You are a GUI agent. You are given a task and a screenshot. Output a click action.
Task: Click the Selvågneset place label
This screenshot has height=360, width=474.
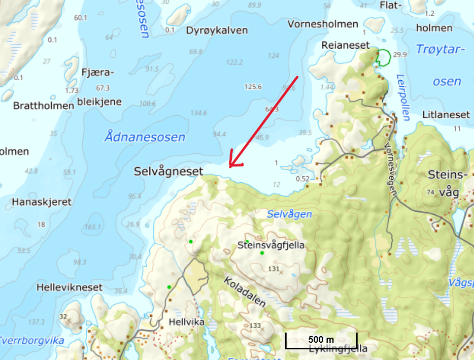[x=168, y=172]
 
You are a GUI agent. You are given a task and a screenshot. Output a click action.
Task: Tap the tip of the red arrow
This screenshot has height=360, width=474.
[x=229, y=167]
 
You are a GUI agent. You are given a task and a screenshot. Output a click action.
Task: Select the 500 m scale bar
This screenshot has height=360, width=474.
[x=321, y=340]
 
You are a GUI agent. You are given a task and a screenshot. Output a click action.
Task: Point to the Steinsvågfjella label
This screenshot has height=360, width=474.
[x=271, y=245]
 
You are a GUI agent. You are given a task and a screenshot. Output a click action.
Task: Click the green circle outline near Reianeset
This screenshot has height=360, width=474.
[x=383, y=57]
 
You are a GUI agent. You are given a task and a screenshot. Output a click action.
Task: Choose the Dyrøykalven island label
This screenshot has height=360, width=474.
[x=217, y=30]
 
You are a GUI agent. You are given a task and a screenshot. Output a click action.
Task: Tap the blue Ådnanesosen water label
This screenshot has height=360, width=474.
[x=145, y=137]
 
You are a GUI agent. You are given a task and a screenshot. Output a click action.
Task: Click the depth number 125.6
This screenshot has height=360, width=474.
[x=252, y=87]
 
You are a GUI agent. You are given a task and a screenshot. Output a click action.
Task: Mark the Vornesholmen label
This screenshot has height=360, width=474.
[x=323, y=24]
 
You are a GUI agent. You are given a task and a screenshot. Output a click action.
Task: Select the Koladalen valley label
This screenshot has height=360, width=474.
[x=245, y=292]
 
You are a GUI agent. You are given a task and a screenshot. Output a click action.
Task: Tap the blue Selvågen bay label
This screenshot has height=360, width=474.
[x=289, y=214]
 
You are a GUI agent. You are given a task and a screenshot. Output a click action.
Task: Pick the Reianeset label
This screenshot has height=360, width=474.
[x=346, y=45]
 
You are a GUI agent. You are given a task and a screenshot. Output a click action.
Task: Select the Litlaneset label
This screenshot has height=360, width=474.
[x=446, y=115]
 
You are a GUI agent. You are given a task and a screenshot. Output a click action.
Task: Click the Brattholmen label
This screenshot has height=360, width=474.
[x=44, y=106]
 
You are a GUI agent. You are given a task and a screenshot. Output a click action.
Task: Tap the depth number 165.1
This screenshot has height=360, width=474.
[x=93, y=227]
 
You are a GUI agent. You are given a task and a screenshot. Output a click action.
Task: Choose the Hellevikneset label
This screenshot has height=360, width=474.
[x=70, y=287]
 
